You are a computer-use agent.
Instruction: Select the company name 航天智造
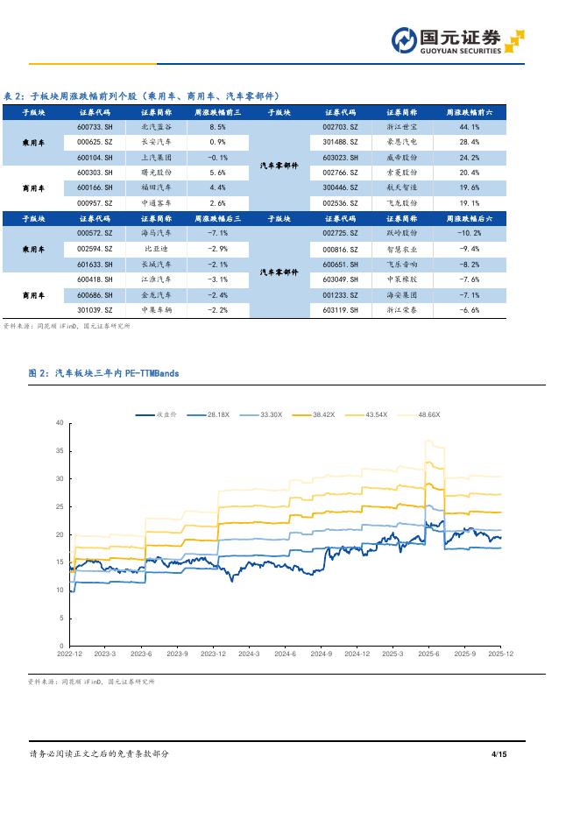(x=402, y=187)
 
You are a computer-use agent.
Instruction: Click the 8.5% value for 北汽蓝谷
(x=217, y=127)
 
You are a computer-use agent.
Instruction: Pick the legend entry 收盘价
(x=157, y=414)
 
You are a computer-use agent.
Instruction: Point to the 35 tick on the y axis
(x=60, y=450)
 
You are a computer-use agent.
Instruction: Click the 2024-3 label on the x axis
(x=250, y=654)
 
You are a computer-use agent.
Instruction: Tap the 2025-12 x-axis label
(x=500, y=654)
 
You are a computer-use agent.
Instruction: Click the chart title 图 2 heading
(x=104, y=373)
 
